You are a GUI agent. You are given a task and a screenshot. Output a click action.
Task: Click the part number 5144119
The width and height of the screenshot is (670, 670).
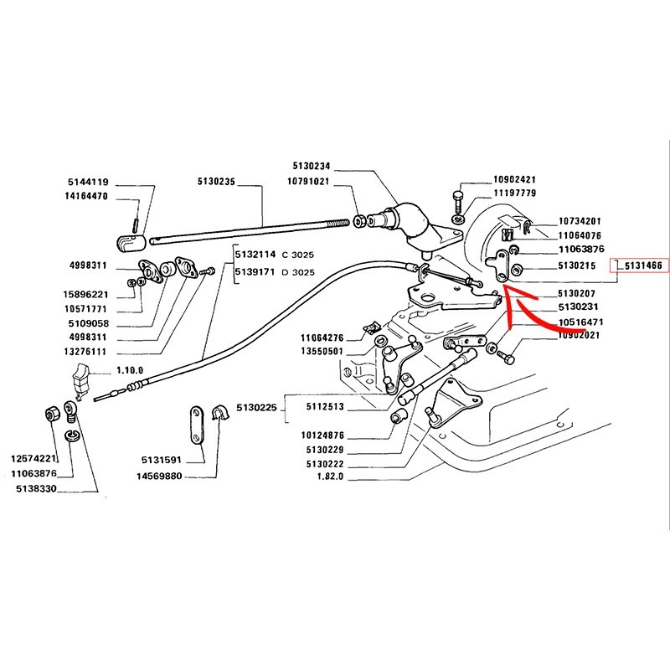[x=89, y=181]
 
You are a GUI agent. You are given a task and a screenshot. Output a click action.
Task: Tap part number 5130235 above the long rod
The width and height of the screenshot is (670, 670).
[x=217, y=181]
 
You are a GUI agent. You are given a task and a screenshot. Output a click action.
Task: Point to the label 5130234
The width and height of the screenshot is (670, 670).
[x=289, y=166]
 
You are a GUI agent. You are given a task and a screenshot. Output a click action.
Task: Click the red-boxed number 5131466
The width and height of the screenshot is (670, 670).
[x=641, y=265]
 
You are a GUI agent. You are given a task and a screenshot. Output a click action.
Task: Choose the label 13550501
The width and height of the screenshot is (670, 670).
[x=322, y=351]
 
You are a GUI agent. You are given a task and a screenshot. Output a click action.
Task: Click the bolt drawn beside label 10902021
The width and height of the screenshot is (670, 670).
[x=505, y=355]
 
